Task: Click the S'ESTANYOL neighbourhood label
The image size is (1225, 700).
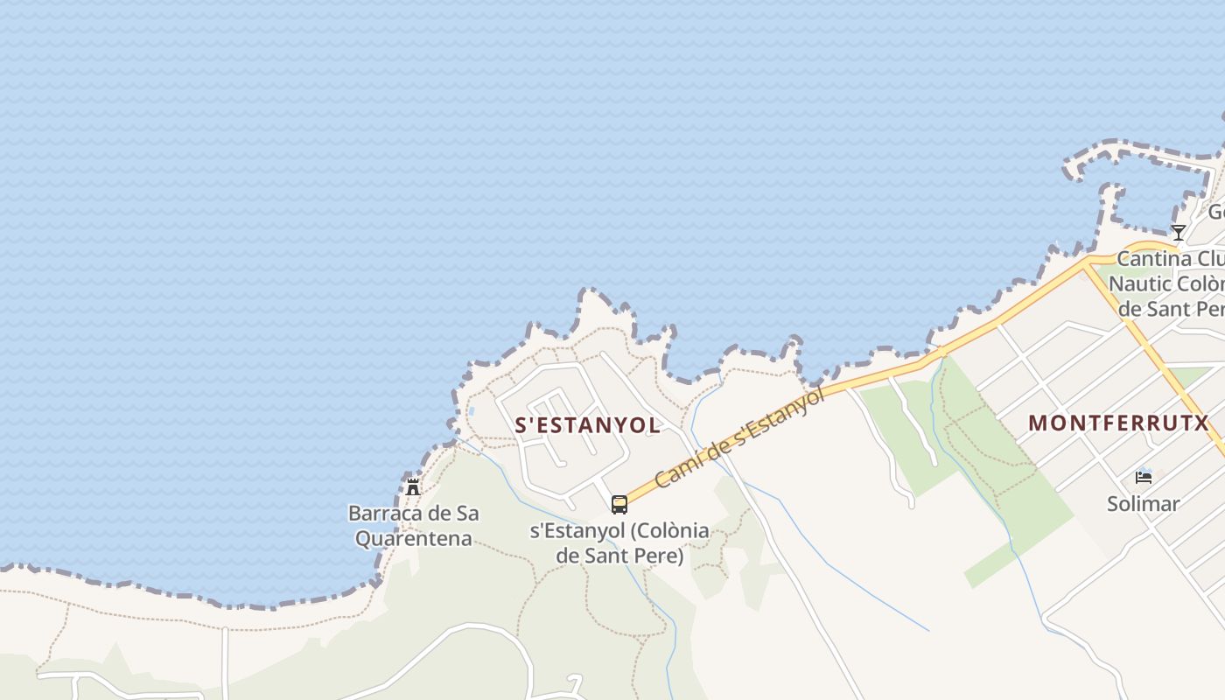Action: (x=587, y=425)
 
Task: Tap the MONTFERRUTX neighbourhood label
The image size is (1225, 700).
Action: (x=1117, y=423)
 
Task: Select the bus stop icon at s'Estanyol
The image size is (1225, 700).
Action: (x=619, y=504)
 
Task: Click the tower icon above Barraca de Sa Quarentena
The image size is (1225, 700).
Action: (x=413, y=486)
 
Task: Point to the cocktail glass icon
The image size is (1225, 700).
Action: (x=1179, y=232)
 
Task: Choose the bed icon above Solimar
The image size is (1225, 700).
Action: (x=1144, y=477)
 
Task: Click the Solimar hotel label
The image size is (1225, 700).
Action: (x=1143, y=504)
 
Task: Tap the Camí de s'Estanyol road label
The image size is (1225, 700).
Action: (x=739, y=438)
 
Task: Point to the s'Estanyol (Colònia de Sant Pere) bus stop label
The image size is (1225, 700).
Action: (x=619, y=542)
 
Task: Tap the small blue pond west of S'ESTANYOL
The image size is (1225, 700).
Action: (x=472, y=410)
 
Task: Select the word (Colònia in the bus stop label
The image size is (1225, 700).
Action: (x=668, y=531)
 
